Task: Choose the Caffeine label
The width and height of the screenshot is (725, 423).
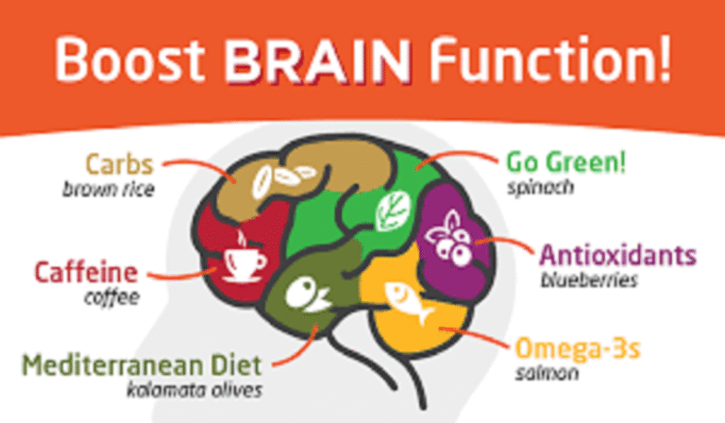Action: (86, 275)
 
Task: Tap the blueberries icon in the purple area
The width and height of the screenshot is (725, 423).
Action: (449, 243)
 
